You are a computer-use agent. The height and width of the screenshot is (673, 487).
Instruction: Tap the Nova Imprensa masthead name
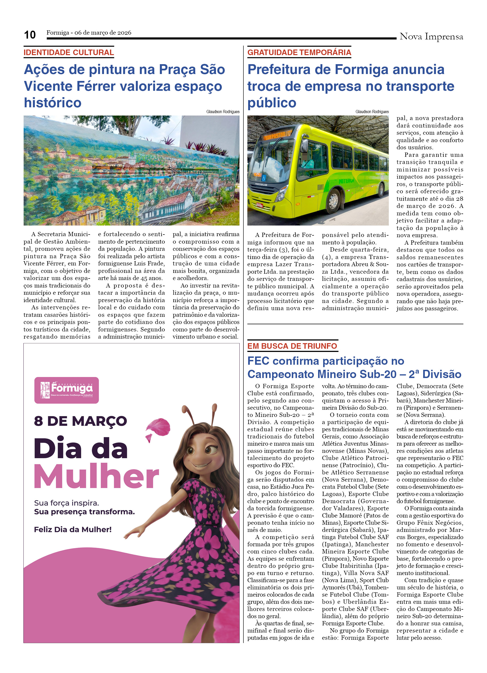[x=431, y=36]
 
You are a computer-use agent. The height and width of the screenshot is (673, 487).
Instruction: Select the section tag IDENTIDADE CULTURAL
[x=68, y=52]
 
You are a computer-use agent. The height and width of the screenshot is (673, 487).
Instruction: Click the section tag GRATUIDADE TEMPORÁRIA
[x=299, y=52]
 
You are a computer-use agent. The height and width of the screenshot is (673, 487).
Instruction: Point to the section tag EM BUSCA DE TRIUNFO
[x=292, y=346]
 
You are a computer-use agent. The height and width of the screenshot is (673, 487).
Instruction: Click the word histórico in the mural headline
[x=52, y=103]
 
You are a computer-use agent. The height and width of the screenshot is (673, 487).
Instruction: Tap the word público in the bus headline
[x=272, y=103]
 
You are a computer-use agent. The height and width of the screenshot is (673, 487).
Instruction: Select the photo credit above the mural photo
[x=223, y=112]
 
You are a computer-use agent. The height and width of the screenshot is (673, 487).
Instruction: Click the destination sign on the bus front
[x=278, y=135]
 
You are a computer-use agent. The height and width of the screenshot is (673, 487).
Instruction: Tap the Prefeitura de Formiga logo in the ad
[x=66, y=390]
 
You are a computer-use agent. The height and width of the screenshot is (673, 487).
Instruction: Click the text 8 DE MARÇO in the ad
[x=80, y=421]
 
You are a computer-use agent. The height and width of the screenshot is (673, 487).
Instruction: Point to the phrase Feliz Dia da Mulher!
[x=73, y=530]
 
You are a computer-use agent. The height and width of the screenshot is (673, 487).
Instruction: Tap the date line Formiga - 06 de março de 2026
[x=89, y=33]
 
